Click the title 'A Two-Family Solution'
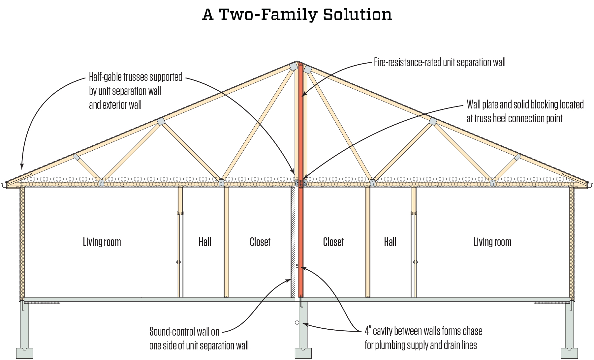coord(297,15)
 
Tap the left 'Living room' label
coord(102,242)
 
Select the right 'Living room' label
coord(492,242)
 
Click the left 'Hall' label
coord(205,242)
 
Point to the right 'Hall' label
coord(390,242)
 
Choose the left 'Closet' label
coord(260,242)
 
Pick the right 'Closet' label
coord(333,242)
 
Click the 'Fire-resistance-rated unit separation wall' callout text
coord(440,62)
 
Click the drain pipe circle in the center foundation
coord(297,322)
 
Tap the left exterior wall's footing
coord(24,353)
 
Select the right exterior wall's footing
coord(569,353)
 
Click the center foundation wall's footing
coord(303,353)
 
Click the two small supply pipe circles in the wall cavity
coord(297,266)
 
